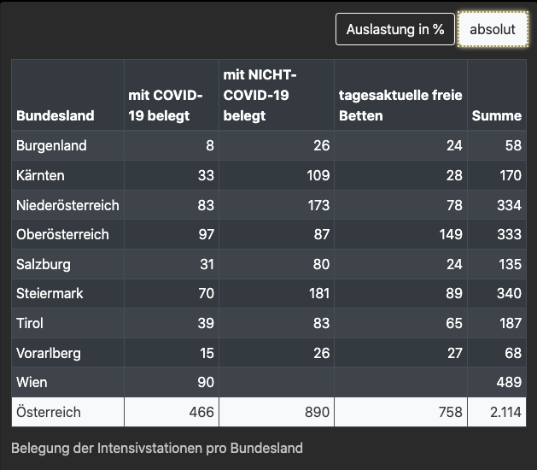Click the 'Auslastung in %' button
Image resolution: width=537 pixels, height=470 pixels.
pyautogui.click(x=394, y=29)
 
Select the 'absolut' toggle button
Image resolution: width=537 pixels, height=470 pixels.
pyautogui.click(x=493, y=29)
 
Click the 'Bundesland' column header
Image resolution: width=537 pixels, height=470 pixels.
pyautogui.click(x=55, y=115)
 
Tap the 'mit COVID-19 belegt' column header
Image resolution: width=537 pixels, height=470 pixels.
pyautogui.click(x=166, y=105)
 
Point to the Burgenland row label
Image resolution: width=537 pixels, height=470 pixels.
pyautogui.click(x=51, y=145)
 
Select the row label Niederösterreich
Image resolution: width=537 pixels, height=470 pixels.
pyautogui.click(x=67, y=205)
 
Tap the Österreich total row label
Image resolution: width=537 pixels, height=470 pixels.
pyautogui.click(x=49, y=412)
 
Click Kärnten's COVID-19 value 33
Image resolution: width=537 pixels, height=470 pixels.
pyautogui.click(x=206, y=175)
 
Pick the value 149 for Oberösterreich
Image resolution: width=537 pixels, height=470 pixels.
pyautogui.click(x=450, y=234)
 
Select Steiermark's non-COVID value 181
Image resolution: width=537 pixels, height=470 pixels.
pyautogui.click(x=317, y=293)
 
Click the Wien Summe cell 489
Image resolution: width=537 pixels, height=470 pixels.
pyautogui.click(x=509, y=383)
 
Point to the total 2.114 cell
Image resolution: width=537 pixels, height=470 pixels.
pyautogui.click(x=505, y=412)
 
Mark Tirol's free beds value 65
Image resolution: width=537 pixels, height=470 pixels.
pyautogui.click(x=454, y=323)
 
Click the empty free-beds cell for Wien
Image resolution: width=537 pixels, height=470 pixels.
pyautogui.click(x=400, y=383)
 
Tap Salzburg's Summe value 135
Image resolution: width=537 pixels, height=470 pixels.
pyautogui.click(x=510, y=264)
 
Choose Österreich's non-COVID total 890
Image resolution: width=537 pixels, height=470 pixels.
pyautogui.click(x=317, y=412)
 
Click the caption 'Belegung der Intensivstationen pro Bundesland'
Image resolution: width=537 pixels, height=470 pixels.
pyautogui.click(x=157, y=448)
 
